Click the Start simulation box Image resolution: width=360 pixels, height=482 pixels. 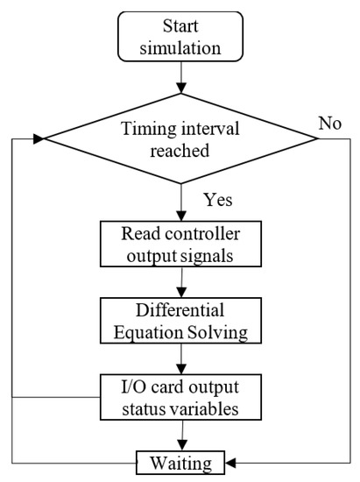click(180, 36)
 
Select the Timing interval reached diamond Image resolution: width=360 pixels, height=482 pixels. click(180, 138)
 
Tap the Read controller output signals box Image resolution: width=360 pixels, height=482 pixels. click(180, 244)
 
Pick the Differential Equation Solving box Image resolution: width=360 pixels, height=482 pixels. click(180, 320)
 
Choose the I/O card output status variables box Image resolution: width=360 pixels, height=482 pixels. click(180, 397)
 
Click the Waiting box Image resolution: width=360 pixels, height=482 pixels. click(180, 463)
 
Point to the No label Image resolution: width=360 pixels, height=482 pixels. click(330, 124)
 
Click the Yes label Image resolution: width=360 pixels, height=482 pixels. click(218, 200)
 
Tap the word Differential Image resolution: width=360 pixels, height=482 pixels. click(180, 310)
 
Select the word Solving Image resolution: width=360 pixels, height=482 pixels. click(217, 333)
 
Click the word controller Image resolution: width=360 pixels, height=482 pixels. click(202, 234)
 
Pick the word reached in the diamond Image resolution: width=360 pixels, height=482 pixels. click(180, 151)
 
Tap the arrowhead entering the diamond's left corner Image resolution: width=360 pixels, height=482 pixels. click(39, 138)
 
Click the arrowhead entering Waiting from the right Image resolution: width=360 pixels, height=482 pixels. click(230, 463)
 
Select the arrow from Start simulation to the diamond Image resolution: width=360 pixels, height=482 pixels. click(181, 77)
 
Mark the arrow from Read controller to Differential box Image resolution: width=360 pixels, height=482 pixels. click(182, 282)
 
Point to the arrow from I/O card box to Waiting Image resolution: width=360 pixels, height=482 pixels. click(182, 436)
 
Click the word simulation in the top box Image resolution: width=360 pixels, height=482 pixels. click(180, 48)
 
